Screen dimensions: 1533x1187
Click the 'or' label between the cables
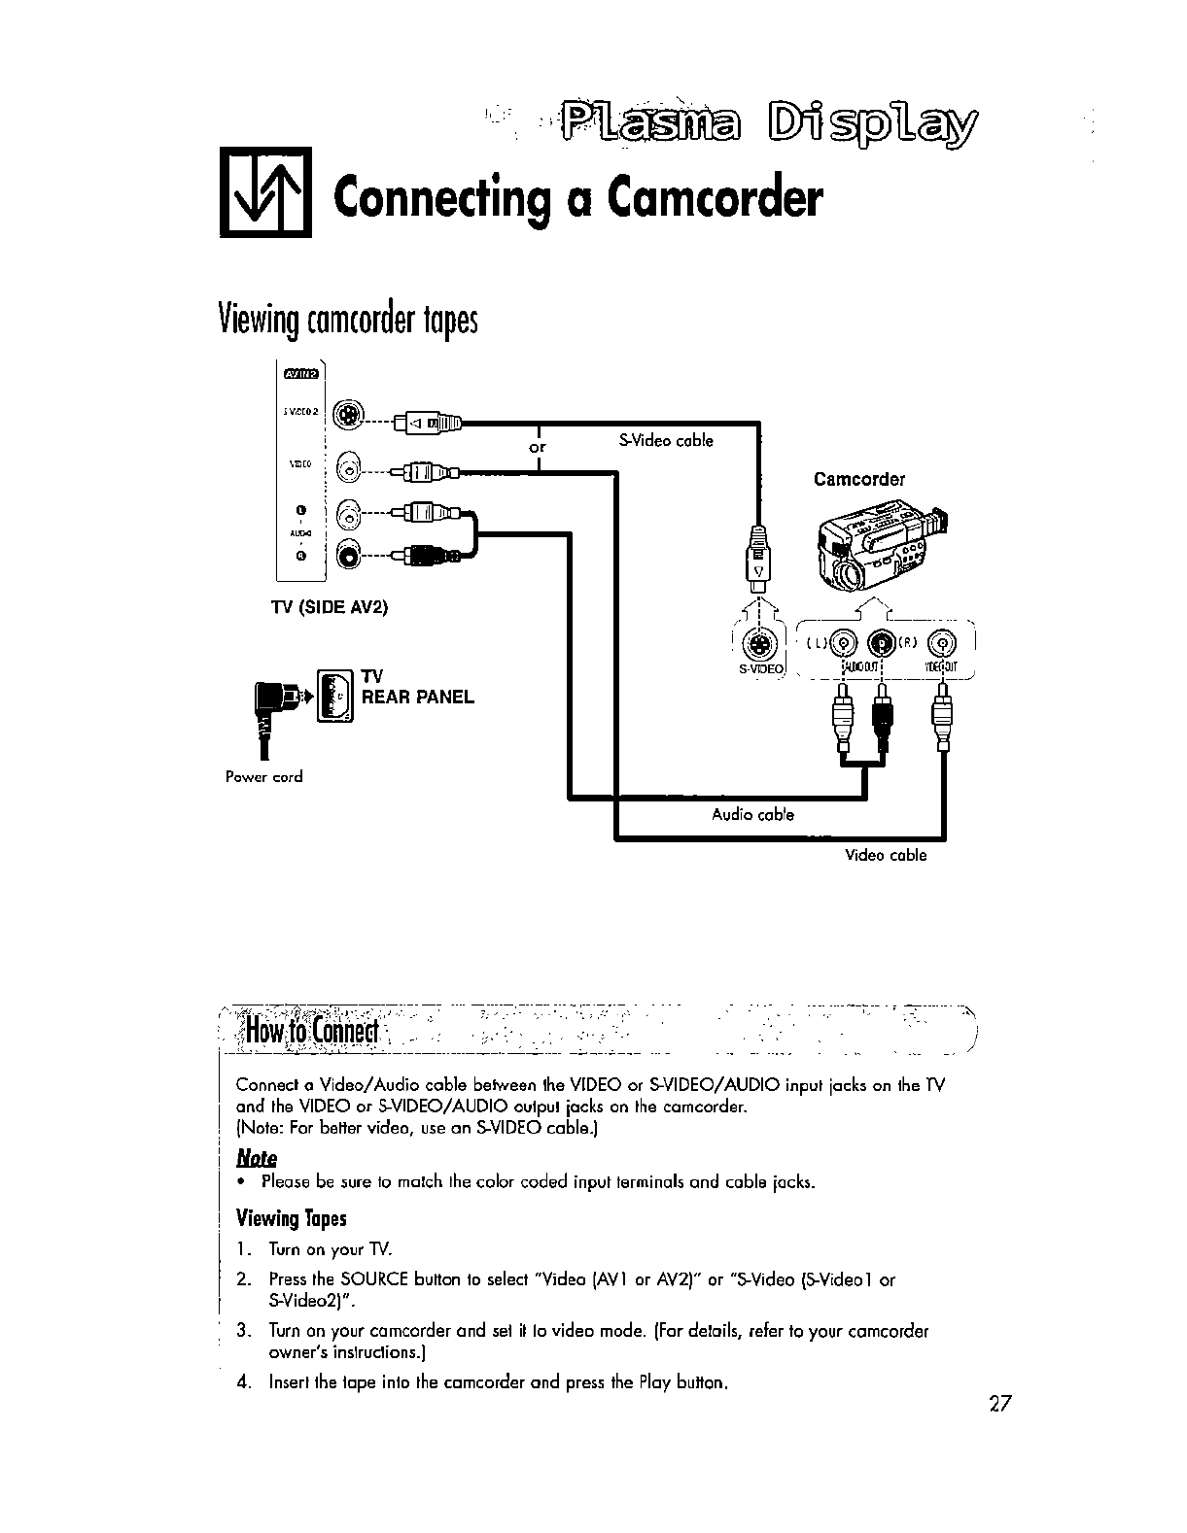(x=537, y=448)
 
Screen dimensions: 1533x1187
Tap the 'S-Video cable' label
(x=666, y=441)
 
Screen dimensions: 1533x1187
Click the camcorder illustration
(x=880, y=547)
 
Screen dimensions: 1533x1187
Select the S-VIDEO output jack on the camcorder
(x=758, y=644)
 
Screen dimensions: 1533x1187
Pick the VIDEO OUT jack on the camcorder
(x=941, y=642)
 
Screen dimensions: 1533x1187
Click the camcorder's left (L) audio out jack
(x=844, y=642)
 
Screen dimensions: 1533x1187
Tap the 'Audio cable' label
(x=752, y=814)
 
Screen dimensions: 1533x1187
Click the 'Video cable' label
(x=886, y=856)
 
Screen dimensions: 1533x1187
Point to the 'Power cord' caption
(x=263, y=777)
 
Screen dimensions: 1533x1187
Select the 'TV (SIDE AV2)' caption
(x=329, y=608)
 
